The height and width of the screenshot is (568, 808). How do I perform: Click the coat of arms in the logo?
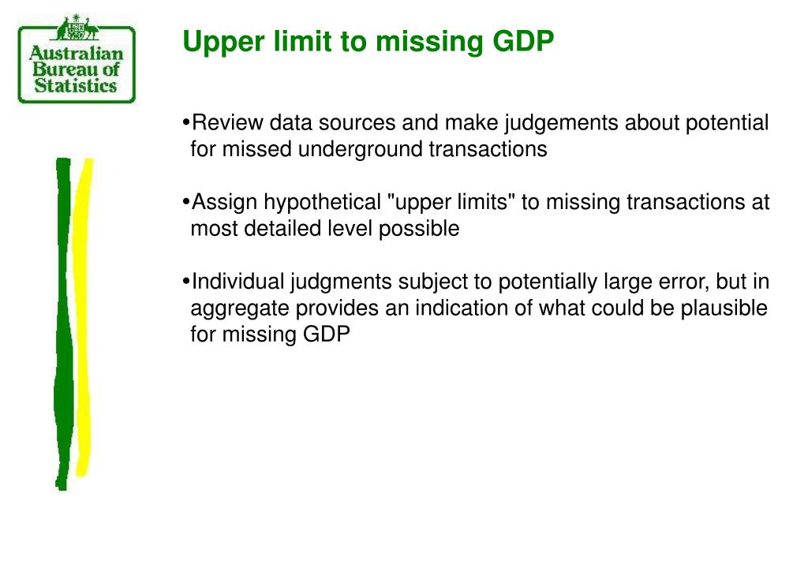(77, 30)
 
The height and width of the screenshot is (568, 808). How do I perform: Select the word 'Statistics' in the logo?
(76, 86)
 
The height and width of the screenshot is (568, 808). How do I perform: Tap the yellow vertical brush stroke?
(83, 316)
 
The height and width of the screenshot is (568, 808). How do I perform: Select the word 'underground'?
(361, 149)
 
